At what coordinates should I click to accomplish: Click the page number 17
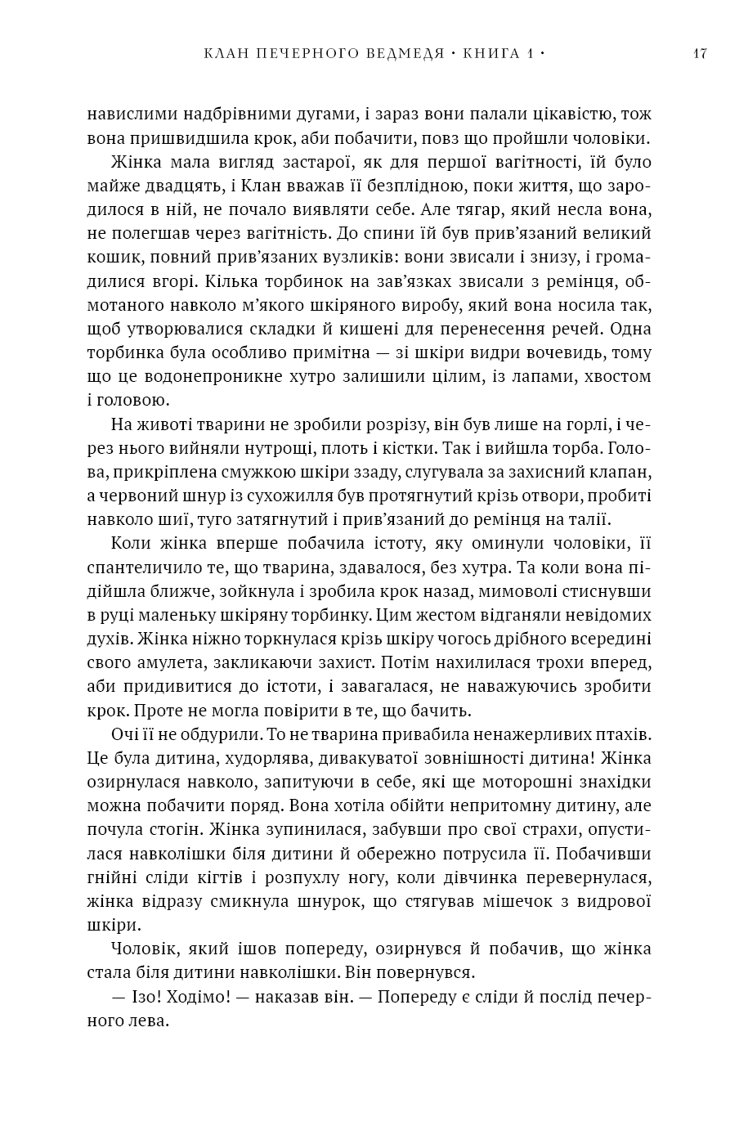pos(699,55)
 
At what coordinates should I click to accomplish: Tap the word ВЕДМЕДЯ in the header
pos(398,55)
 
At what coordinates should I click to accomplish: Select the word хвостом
pos(617,376)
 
